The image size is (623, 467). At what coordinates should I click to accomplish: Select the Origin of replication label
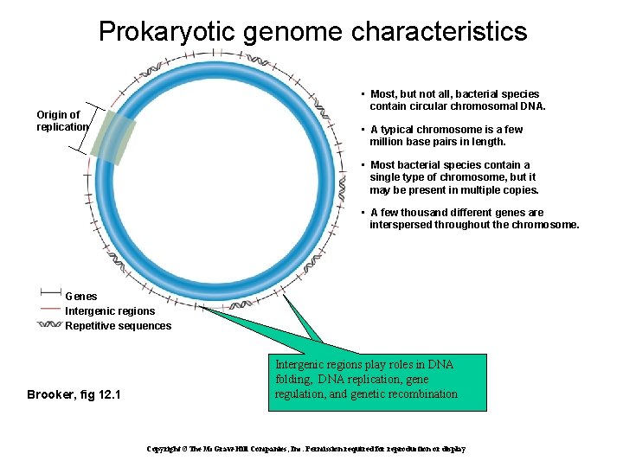61,120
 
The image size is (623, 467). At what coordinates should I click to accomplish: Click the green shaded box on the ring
114,138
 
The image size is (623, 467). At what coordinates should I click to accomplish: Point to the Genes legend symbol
49,291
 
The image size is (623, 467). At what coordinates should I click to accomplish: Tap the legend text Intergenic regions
110,310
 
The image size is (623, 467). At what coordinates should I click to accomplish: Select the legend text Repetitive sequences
118,326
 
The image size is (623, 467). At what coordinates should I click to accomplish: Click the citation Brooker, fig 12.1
74,395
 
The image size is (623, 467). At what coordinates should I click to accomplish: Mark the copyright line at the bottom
305,450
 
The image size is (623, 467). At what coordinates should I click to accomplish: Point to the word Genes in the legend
81,296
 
